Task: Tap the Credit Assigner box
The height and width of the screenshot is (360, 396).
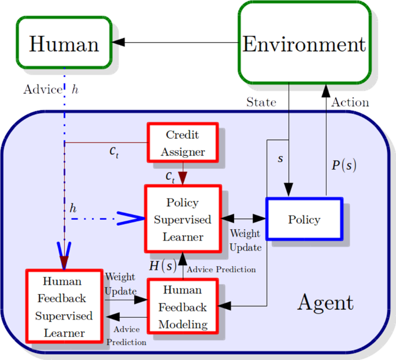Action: [x=183, y=143]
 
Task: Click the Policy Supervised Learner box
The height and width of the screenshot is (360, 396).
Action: [x=183, y=219]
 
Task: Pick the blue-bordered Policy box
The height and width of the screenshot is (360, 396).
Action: [x=304, y=220]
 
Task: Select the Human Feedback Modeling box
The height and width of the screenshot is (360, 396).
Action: [x=183, y=307]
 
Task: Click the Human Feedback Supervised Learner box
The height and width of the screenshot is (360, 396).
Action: [x=64, y=307]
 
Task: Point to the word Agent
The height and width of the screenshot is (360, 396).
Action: [x=325, y=302]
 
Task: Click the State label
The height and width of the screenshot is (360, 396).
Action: [x=261, y=102]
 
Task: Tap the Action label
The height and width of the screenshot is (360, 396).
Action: [x=350, y=102]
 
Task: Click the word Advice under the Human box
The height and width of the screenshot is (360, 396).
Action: [x=42, y=90]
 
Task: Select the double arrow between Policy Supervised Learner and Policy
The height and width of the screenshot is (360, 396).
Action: [x=243, y=219]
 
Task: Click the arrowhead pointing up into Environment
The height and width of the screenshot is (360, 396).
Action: [x=326, y=90]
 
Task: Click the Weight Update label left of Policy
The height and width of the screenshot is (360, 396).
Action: [x=246, y=240]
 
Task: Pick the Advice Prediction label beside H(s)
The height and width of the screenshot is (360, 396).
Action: [x=221, y=269]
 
